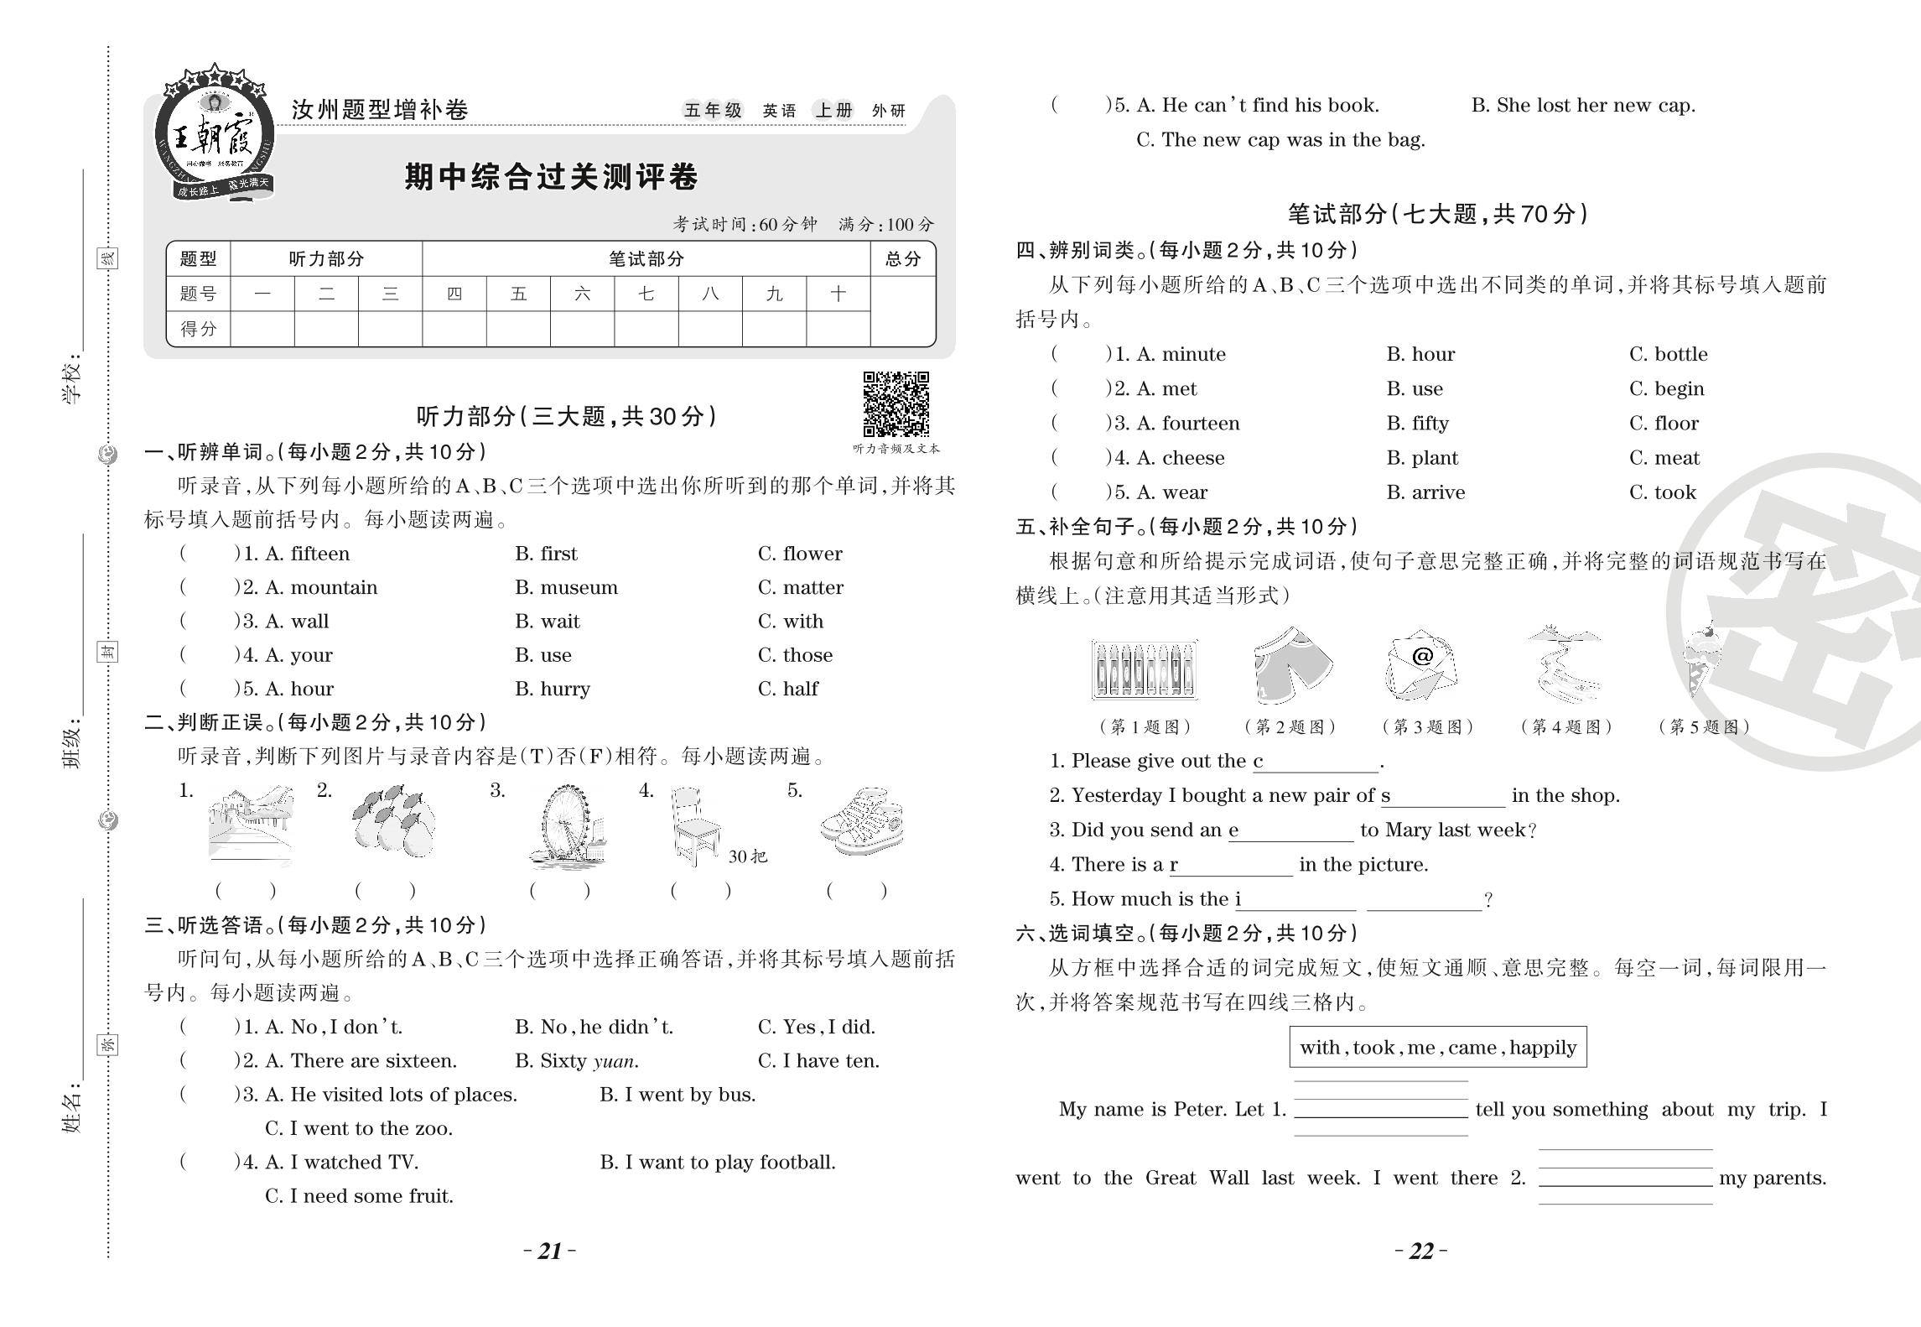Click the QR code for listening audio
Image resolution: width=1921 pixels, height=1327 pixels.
point(896,403)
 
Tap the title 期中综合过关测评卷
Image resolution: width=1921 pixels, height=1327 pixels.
point(551,177)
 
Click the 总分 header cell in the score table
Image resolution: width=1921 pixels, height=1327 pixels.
point(902,259)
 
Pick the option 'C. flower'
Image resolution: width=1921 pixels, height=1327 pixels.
point(800,554)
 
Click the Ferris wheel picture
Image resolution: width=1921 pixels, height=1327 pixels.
point(569,826)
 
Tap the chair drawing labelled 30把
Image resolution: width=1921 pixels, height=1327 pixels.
point(696,826)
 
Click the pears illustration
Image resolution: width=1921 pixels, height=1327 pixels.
point(393,822)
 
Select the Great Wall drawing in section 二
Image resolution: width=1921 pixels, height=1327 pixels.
point(250,825)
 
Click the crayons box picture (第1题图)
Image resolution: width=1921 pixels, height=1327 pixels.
point(1145,669)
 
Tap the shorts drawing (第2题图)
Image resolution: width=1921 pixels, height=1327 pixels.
point(1291,665)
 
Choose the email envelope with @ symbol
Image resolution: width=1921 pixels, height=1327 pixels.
point(1421,665)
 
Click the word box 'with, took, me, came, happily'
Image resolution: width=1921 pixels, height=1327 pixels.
point(1437,1047)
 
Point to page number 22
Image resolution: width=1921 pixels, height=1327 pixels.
point(1421,1252)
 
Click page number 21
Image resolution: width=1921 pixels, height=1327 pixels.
point(550,1252)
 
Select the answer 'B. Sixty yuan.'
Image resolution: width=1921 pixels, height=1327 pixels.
point(577,1061)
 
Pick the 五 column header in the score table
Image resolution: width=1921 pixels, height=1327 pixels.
point(518,294)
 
